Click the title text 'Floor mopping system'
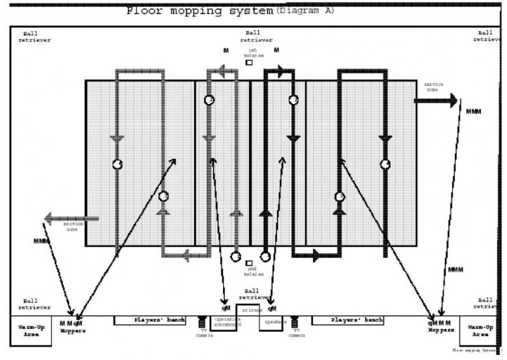[x=200, y=10]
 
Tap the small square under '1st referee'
[x=249, y=62]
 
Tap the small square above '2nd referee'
[x=249, y=262]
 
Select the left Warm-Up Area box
[x=31, y=331]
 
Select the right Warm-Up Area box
[x=480, y=331]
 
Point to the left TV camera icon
[x=202, y=323]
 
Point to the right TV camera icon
[x=295, y=323]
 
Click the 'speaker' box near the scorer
[x=273, y=322]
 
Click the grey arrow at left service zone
[x=70, y=219]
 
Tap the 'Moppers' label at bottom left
[x=73, y=331]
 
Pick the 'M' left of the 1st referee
[x=226, y=51]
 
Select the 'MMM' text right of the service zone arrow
[x=473, y=112]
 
